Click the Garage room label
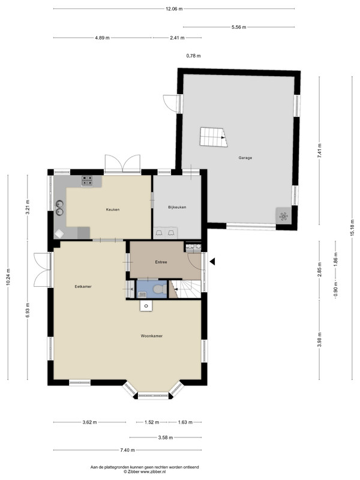pos(245,158)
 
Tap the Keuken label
pos(113,209)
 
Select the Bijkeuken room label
pos(177,207)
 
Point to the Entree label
pos(161,262)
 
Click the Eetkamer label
pos(83,287)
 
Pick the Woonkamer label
pos(152,336)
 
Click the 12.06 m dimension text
pos(174,9)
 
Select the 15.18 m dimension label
pos(352,227)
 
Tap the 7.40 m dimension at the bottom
pos(127,450)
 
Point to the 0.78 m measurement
pos(193,56)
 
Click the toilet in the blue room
pos(159,289)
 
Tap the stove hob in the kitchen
pos(87,181)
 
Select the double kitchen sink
pos(59,208)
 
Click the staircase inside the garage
pos(214,137)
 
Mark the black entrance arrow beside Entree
pos(212,262)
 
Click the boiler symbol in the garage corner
pos(283,217)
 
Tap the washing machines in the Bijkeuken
pos(166,233)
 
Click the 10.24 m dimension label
pos(8,277)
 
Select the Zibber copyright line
pos(145,472)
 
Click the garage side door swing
pos(170,103)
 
